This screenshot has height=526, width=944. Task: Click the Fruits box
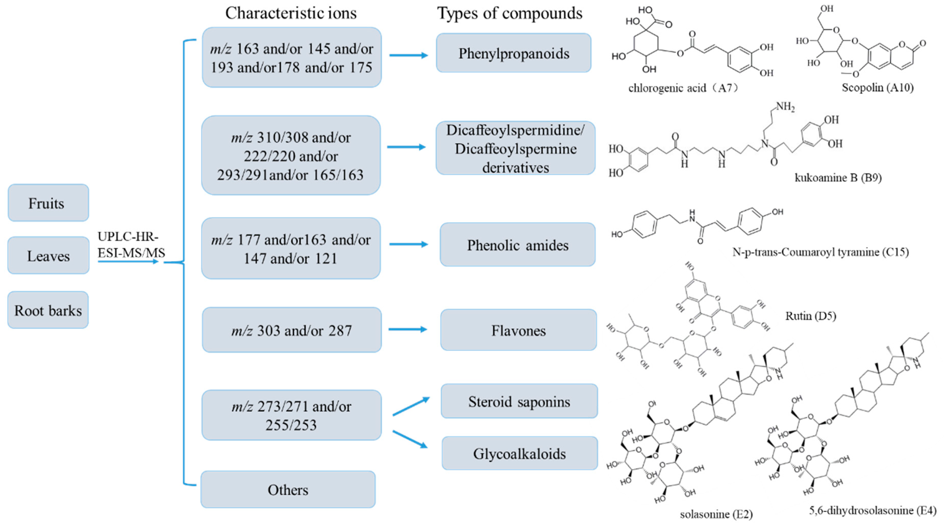click(x=48, y=203)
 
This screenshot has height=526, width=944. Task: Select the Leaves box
click(x=48, y=255)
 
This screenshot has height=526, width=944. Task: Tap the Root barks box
click(x=48, y=310)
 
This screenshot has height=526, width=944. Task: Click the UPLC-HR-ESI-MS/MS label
click(x=131, y=244)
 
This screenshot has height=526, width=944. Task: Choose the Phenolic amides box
click(x=517, y=245)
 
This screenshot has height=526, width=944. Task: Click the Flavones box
click(x=518, y=330)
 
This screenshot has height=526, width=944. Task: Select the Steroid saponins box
click(x=519, y=401)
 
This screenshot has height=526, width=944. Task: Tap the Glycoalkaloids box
click(x=519, y=454)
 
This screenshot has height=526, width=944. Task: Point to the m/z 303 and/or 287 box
click(x=291, y=330)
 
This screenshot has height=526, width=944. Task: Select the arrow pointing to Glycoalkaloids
click(x=411, y=439)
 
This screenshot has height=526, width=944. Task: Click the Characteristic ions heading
click(x=291, y=13)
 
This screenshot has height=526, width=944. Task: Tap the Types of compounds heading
click(x=510, y=13)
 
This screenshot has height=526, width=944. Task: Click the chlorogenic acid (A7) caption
click(x=683, y=88)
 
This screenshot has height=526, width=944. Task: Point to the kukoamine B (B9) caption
click(x=838, y=178)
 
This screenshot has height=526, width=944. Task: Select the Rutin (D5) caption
click(x=811, y=316)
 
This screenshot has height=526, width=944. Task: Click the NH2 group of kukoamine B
click(x=785, y=107)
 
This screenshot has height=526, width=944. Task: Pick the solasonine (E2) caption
click(x=716, y=514)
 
